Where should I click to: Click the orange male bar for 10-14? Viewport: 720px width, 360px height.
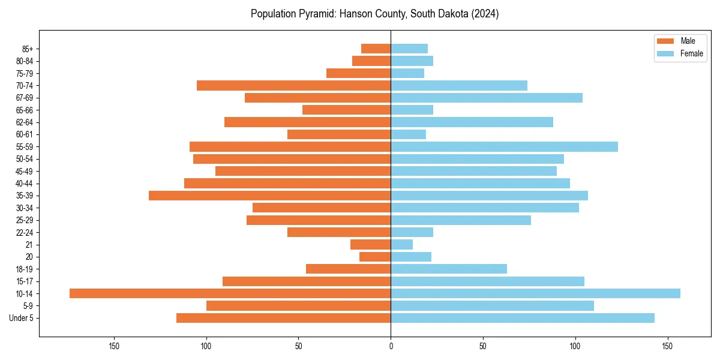230,293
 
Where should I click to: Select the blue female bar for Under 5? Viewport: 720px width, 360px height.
523,318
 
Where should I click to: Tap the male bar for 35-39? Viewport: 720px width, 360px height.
269,196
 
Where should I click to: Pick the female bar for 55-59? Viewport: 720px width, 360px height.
504,146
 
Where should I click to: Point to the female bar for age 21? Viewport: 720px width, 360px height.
402,245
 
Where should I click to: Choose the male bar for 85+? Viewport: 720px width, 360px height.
376,49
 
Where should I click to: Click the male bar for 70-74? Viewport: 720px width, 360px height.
293,85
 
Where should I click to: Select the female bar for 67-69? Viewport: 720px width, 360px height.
487,98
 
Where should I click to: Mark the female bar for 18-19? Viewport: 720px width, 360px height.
449,269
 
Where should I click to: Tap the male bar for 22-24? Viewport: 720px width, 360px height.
339,232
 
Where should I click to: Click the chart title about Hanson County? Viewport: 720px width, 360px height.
374,14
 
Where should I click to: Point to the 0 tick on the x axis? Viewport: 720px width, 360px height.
391,346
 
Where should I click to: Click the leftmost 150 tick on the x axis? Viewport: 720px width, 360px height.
114,346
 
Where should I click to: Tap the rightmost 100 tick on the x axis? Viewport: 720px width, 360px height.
575,346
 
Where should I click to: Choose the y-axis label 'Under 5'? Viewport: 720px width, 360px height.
22,318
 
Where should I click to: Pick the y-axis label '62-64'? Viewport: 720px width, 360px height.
25,122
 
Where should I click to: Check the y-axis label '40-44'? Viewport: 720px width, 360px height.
25,184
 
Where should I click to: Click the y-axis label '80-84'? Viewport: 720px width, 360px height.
25,61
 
